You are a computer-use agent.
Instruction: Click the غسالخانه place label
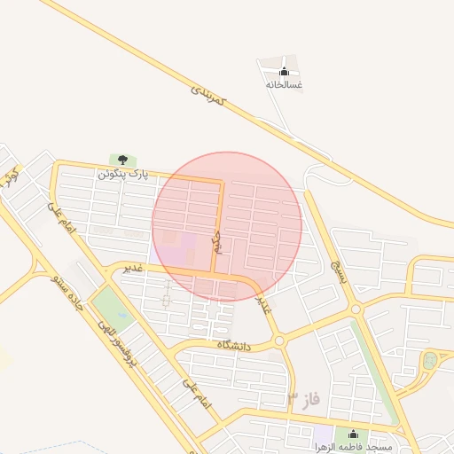coord(284,85)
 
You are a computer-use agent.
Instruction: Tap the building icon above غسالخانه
coord(284,72)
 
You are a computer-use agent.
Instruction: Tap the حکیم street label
coord(215,239)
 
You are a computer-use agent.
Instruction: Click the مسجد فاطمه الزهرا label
coord(352,447)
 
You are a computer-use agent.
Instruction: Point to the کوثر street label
coord(11,175)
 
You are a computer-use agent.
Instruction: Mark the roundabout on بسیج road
coord(356,309)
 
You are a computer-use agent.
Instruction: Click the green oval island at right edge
coord(431,361)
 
